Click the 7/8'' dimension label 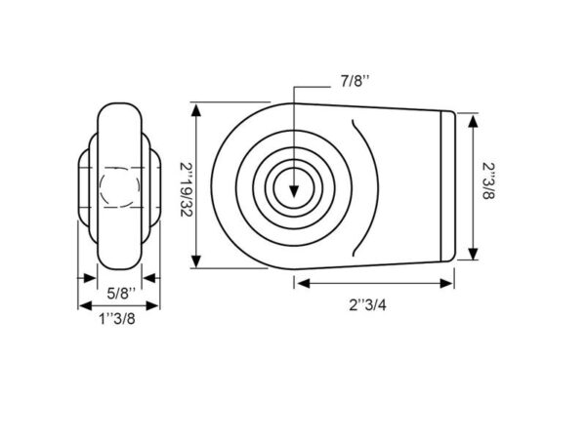(x=355, y=81)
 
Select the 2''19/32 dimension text (x=187, y=189)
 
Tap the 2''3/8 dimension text (x=487, y=181)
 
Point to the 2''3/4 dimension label (x=368, y=305)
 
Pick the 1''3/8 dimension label (x=117, y=319)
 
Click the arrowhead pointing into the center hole (x=294, y=191)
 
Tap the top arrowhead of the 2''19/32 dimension (x=196, y=110)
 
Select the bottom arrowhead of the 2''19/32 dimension (x=196, y=260)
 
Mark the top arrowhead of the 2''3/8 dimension (x=473, y=122)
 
